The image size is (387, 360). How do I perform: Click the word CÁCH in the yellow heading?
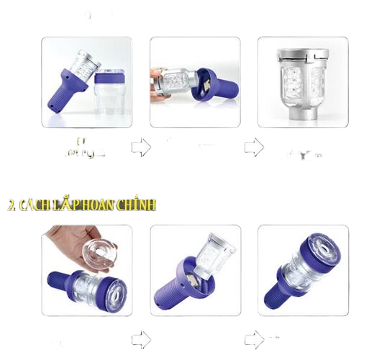tap(38, 205)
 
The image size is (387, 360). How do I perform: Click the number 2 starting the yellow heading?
tap(11, 205)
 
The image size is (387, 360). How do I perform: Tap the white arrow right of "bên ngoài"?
tap(141, 148)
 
